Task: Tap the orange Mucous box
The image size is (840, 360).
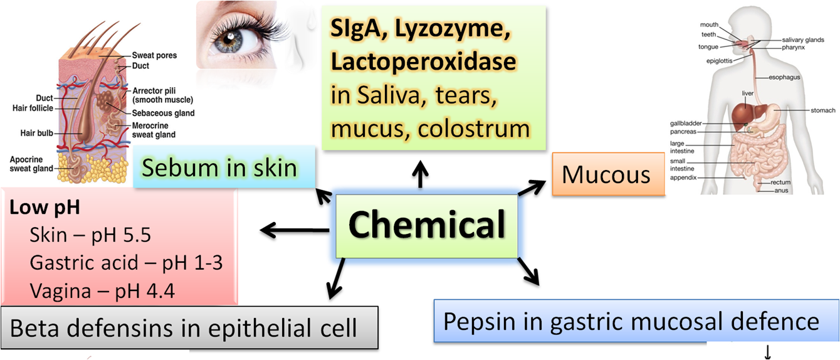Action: tap(606, 174)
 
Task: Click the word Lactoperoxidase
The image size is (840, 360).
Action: tap(424, 62)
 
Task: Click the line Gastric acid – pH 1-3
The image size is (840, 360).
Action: tap(126, 262)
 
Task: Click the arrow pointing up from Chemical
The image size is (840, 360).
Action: tap(419, 174)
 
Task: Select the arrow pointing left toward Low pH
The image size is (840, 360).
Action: tap(295, 231)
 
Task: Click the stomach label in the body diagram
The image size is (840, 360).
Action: tap(822, 110)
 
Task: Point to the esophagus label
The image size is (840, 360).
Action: tap(784, 78)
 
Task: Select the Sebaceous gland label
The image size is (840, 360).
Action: tap(163, 114)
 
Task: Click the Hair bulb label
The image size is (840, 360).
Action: tap(36, 133)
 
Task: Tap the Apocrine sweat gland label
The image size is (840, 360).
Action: tap(31, 164)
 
